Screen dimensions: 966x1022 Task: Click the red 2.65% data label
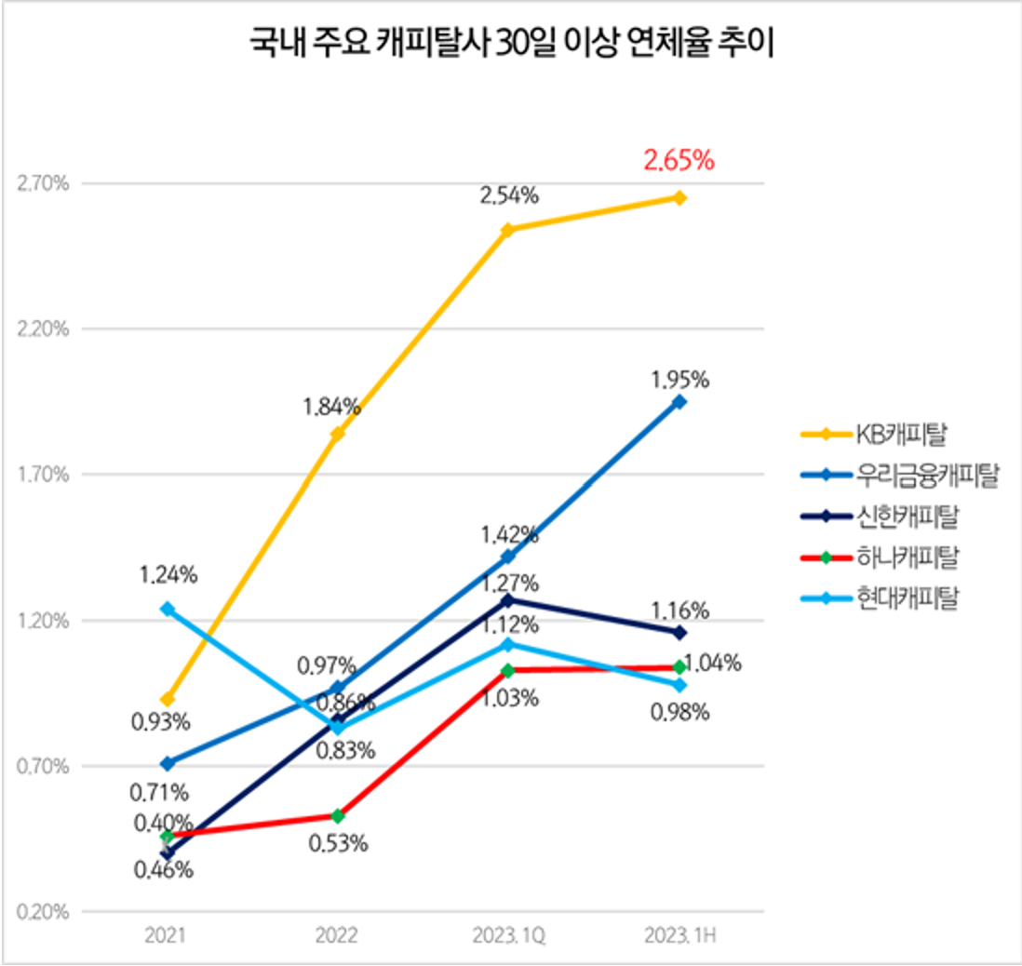coord(679,160)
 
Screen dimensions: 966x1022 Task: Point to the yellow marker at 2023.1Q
coord(508,230)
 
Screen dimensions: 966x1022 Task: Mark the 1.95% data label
coord(679,380)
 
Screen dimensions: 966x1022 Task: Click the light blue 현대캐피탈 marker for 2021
coord(168,609)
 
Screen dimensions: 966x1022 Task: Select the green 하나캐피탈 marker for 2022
coord(338,816)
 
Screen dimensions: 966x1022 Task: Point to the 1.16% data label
coord(679,610)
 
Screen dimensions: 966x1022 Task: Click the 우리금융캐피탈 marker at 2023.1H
coord(679,402)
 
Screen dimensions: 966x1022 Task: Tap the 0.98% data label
coord(679,713)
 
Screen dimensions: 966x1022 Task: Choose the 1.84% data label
coord(330,406)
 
